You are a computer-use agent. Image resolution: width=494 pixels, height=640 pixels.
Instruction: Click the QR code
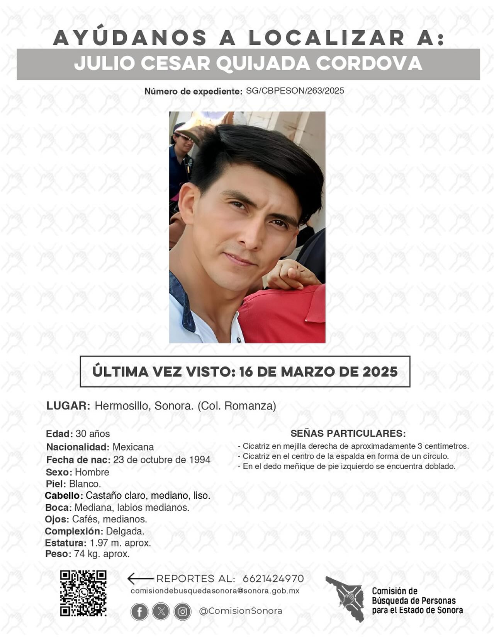(x=83, y=593)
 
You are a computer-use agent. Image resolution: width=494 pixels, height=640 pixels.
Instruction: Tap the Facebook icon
(x=139, y=612)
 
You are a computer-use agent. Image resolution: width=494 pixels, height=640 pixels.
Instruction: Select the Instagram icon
(x=182, y=612)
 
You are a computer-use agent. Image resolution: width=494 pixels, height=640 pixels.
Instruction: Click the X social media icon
(x=161, y=611)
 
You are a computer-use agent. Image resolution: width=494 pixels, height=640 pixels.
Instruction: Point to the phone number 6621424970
(x=273, y=579)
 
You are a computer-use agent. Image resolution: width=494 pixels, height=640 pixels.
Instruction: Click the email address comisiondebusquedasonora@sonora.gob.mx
(x=215, y=591)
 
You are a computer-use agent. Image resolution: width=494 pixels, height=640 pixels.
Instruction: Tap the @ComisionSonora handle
(x=240, y=611)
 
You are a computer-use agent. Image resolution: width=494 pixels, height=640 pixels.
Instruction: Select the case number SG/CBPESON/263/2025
(x=295, y=91)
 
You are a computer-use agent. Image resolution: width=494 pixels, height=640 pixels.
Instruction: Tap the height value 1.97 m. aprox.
(x=120, y=543)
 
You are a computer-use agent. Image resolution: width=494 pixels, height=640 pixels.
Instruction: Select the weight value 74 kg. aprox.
(x=102, y=554)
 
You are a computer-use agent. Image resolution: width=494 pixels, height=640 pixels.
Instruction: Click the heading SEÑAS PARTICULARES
(x=348, y=433)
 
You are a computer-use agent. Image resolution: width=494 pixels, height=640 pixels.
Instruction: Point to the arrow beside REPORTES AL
(x=140, y=579)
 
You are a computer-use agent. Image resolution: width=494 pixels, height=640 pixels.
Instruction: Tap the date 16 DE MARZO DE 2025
(x=318, y=372)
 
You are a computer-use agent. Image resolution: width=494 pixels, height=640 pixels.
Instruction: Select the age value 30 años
(x=93, y=433)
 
